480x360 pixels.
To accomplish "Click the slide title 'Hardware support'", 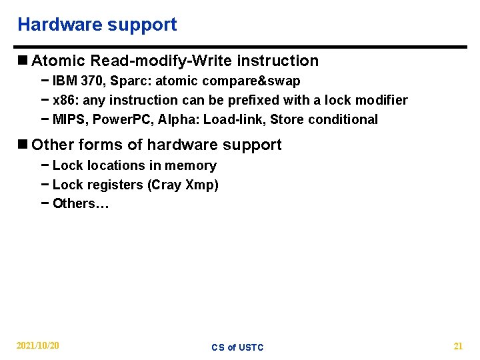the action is click(97, 25).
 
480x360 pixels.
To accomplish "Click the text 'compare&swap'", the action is click(259, 81).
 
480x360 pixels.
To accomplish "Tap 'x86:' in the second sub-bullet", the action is click(65, 101).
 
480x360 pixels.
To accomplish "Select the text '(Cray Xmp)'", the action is click(183, 185).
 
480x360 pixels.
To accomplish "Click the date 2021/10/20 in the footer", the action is click(38, 346).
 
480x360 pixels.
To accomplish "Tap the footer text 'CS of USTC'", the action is click(238, 347).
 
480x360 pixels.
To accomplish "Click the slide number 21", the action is click(458, 346).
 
